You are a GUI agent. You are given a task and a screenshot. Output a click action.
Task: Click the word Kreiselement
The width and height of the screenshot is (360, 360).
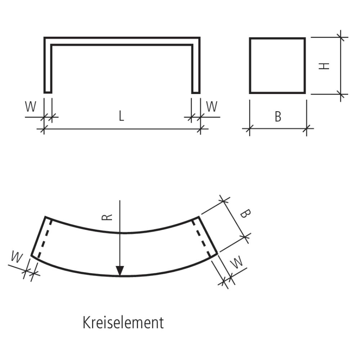[x=123, y=323]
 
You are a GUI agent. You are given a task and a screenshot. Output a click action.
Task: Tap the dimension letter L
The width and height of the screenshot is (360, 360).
[x=122, y=116]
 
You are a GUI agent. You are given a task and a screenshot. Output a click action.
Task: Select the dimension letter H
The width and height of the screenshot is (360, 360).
[x=325, y=66]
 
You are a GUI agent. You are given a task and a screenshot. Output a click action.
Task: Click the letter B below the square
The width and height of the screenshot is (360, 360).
[x=278, y=117]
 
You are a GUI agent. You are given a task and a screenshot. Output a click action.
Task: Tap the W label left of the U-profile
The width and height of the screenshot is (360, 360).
[x=31, y=107]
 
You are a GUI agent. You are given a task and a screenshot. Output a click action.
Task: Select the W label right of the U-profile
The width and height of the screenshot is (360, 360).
[x=212, y=107]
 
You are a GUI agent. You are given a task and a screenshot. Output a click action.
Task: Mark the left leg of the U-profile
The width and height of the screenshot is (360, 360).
[x=48, y=68]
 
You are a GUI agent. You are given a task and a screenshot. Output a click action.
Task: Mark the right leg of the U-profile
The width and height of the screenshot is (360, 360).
[x=196, y=68]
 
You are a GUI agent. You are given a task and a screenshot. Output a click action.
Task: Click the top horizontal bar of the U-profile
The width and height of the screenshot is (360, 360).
[x=122, y=41]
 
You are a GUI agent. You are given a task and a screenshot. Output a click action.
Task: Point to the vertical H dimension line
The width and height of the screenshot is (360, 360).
[x=341, y=65]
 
